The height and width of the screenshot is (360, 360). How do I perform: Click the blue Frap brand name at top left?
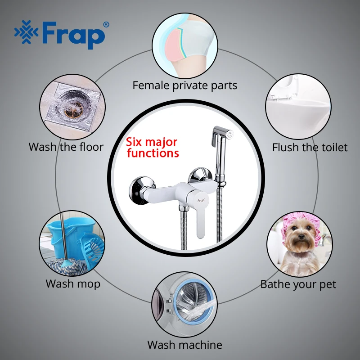73,35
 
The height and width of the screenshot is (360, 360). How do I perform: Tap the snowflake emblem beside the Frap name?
27,32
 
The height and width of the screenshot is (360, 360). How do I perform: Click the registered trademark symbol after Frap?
106,25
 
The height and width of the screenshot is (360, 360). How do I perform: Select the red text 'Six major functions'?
153,148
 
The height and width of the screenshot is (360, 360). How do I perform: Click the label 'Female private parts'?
185,85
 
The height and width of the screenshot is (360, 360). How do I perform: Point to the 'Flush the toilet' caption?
310,148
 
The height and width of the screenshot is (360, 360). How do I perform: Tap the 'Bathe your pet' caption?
298,285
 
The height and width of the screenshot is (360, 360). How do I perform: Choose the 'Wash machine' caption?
185,345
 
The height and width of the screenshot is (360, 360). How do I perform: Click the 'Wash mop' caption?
73,284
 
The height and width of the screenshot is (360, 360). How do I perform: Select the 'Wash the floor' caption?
66,147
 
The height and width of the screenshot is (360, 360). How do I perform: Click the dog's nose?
299,237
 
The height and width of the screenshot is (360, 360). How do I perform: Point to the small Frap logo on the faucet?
201,200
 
